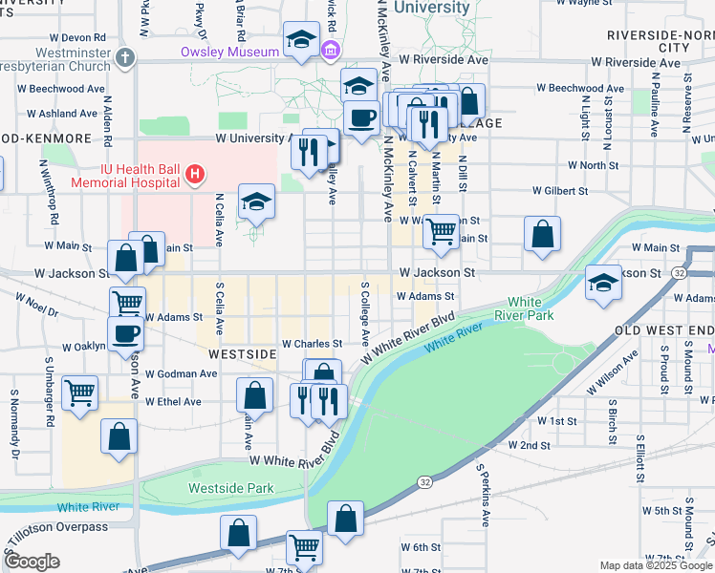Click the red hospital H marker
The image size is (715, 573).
point(195,174)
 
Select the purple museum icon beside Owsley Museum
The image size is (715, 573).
point(331,50)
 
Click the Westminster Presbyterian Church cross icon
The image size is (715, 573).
point(124,58)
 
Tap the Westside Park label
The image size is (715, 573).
point(230,488)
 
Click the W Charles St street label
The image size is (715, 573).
point(312,344)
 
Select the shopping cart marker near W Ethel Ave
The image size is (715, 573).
point(79,392)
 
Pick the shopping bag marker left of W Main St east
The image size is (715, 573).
point(542,234)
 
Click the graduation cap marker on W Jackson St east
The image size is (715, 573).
point(603,283)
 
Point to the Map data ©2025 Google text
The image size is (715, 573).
point(656,565)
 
